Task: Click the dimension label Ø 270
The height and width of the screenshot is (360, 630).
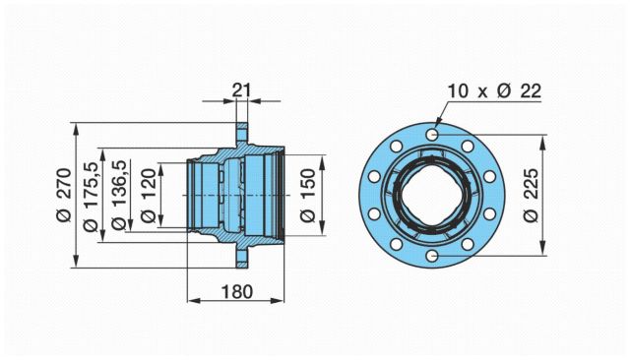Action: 64,195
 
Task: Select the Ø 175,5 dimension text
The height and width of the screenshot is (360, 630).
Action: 90,197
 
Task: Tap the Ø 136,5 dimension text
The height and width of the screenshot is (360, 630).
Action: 119,195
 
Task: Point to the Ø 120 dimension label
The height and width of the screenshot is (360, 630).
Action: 149,196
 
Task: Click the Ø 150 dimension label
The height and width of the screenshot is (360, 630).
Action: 308,196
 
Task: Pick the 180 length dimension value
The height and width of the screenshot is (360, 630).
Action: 237,292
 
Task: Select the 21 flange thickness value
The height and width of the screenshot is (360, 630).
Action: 241,90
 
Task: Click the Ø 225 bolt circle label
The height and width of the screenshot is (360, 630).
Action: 531,195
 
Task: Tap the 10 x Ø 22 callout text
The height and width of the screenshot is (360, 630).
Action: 494,91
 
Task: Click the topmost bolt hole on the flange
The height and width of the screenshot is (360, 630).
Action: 432,135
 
